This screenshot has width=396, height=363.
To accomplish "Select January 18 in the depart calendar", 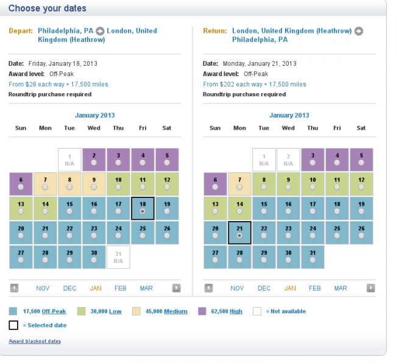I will pyautogui.click(x=143, y=208).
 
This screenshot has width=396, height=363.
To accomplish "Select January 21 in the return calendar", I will pyautogui.click(x=239, y=232).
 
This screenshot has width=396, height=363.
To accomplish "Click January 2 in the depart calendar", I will pyautogui.click(x=94, y=160).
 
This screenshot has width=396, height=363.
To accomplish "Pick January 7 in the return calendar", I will pyautogui.click(x=239, y=183).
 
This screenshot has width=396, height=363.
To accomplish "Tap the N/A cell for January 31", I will pyautogui.click(x=118, y=256).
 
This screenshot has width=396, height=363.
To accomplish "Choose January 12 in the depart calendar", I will pyautogui.click(x=167, y=183).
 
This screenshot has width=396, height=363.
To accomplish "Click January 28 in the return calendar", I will pyautogui.click(x=239, y=256).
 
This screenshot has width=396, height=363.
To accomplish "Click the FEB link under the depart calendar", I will pyautogui.click(x=120, y=288).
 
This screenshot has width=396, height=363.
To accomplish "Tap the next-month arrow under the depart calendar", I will pyautogui.click(x=176, y=288).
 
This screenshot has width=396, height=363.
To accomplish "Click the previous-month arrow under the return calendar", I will pyautogui.click(x=208, y=288).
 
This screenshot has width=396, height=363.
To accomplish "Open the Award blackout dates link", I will pyautogui.click(x=35, y=341).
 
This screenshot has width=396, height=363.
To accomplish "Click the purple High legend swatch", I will pyautogui.click(x=202, y=311).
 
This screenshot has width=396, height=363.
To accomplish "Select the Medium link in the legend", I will pyautogui.click(x=175, y=311).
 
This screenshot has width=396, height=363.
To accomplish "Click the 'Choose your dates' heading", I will pyautogui.click(x=48, y=9).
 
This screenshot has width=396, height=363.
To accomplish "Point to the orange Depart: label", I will pyautogui.click(x=21, y=30).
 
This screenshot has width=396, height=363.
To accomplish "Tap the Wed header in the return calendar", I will pyautogui.click(x=288, y=128).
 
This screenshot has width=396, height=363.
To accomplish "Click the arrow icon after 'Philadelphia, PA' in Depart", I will pyautogui.click(x=101, y=31).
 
